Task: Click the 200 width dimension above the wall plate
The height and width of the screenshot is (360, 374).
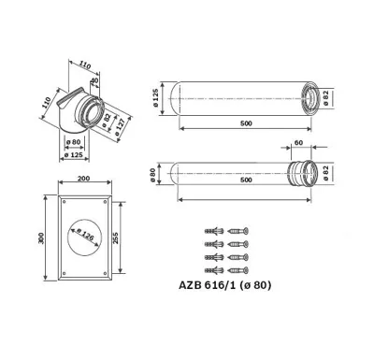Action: [83, 179]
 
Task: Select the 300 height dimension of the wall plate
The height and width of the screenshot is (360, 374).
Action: [42, 238]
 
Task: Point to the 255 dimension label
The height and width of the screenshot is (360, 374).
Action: [115, 238]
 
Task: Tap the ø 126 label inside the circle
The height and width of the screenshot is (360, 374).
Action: [85, 235]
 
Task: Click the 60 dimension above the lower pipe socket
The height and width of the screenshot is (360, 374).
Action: [298, 142]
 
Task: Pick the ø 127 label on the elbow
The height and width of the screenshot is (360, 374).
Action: [121, 127]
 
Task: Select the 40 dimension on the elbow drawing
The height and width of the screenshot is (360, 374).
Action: [94, 79]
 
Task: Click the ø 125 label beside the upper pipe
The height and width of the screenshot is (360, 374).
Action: [156, 98]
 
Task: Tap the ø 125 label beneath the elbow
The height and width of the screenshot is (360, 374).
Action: [74, 154]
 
